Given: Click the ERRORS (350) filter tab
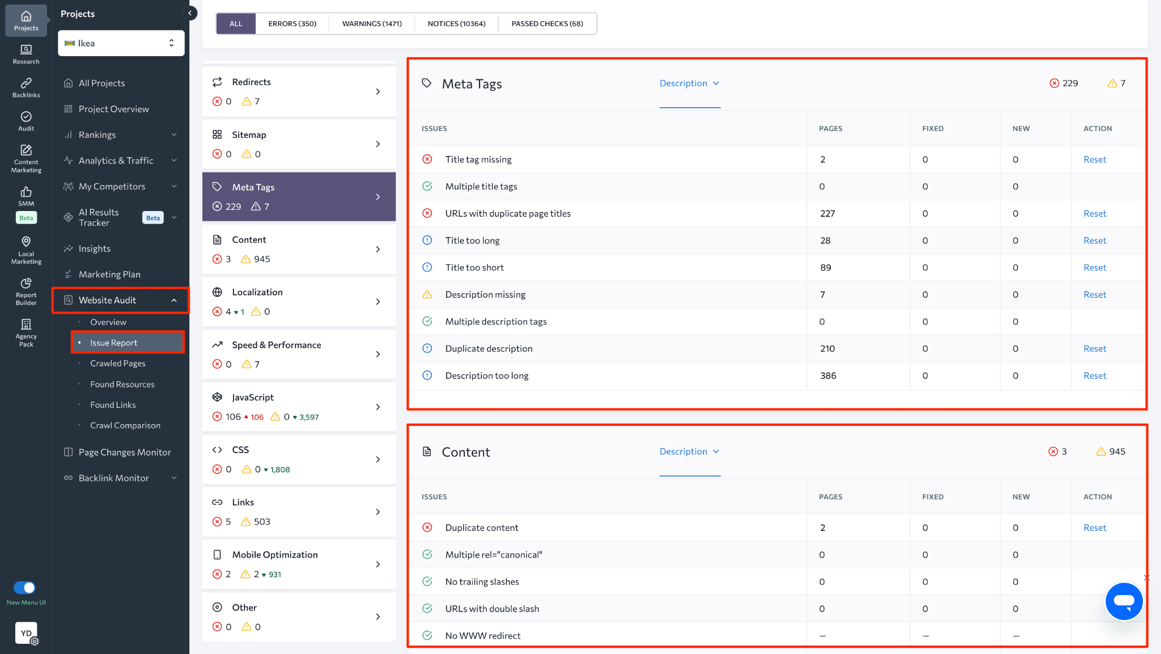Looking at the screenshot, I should coord(292,24).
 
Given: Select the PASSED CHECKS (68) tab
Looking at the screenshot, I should coord(547,24).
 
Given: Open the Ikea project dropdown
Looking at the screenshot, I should coord(121,43).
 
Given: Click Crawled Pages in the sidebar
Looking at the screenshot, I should coord(117,363).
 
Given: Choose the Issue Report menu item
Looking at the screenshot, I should coord(113,343).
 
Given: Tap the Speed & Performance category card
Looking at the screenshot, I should coord(298,354).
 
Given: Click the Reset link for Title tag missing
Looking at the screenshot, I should coord(1095,159).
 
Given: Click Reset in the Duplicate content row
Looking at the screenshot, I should coord(1095,528).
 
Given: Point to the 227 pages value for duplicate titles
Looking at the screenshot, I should coord(827,213).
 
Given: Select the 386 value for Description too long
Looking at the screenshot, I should coord(828,375).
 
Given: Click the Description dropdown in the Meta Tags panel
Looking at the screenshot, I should coord(689,83).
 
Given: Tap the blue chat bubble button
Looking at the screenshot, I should coord(1124,601).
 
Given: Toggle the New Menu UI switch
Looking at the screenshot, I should coord(24,588).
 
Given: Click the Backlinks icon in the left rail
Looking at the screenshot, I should coord(26,87).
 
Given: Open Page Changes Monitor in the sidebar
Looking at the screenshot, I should coord(124,452).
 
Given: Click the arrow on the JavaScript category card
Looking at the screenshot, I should coord(378,407).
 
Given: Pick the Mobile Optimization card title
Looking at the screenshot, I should coord(274,555).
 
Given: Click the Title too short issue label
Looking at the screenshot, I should coord(474,268).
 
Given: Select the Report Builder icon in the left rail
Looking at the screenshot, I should coord(26,291).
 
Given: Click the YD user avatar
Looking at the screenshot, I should coord(26,633).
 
